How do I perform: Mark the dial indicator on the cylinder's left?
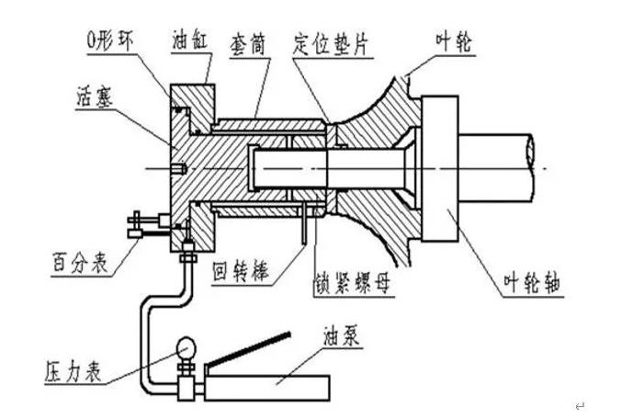143,222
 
